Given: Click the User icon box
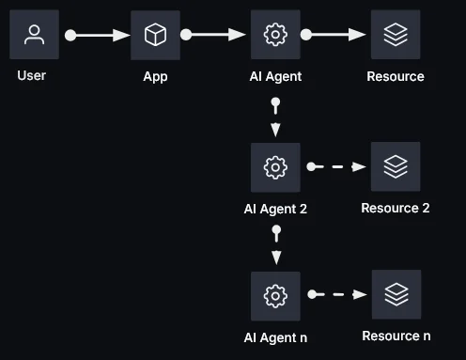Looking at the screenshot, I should click(x=34, y=35).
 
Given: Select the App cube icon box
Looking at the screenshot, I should click(x=155, y=35).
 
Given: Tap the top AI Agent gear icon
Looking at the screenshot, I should click(x=275, y=35).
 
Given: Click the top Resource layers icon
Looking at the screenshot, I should click(x=396, y=35).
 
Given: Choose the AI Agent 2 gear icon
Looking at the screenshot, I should click(x=275, y=167).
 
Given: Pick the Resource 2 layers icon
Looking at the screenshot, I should click(x=396, y=166).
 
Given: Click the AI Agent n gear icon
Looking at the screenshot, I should click(x=275, y=295).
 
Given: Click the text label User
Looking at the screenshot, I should click(x=32, y=75).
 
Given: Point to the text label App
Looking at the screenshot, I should click(x=155, y=76).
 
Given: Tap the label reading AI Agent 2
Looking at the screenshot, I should click(x=275, y=209).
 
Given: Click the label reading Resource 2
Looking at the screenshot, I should click(x=396, y=208).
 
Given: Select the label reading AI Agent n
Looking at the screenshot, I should click(x=275, y=337).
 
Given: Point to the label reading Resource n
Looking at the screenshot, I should click(x=396, y=336).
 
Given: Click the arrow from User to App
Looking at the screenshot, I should click(x=98, y=35).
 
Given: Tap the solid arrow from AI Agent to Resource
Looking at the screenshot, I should click(x=335, y=35).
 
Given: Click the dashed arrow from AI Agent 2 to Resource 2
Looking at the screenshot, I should click(x=336, y=167).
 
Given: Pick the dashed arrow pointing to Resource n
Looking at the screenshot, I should click(x=336, y=295).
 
